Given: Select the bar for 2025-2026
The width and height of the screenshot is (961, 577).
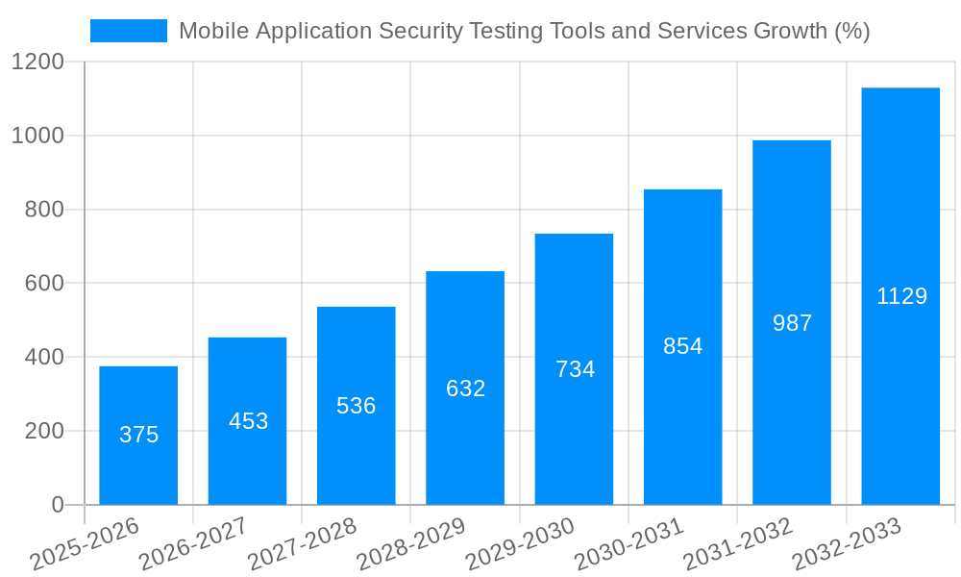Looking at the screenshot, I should click(x=138, y=436).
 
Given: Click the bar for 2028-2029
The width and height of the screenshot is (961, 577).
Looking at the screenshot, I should click(x=465, y=388).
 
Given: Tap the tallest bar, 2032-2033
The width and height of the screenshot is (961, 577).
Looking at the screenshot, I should click(x=900, y=296).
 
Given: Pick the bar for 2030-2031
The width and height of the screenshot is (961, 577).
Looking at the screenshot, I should click(x=683, y=347).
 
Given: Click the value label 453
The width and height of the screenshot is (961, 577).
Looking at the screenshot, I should click(x=248, y=421).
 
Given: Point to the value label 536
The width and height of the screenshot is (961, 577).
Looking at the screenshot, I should click(x=357, y=406).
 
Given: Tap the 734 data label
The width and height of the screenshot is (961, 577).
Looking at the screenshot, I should click(x=575, y=369).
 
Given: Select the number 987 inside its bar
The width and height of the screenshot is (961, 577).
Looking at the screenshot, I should click(x=792, y=323).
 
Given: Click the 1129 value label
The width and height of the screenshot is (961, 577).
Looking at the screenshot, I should click(x=901, y=296).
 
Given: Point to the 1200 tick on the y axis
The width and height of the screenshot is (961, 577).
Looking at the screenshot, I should click(x=37, y=63).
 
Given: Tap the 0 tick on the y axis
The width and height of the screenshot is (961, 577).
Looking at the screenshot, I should click(x=57, y=505).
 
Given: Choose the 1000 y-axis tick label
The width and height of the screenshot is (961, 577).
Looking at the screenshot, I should click(x=37, y=136).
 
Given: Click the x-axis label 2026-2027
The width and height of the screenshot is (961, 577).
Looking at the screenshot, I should click(x=193, y=544).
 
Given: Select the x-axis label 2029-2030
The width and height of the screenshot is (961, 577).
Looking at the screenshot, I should click(x=520, y=544).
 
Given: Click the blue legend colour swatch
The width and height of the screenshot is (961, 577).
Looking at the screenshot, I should click(x=129, y=31).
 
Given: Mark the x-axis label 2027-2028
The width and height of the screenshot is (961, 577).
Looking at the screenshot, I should click(x=302, y=544).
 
